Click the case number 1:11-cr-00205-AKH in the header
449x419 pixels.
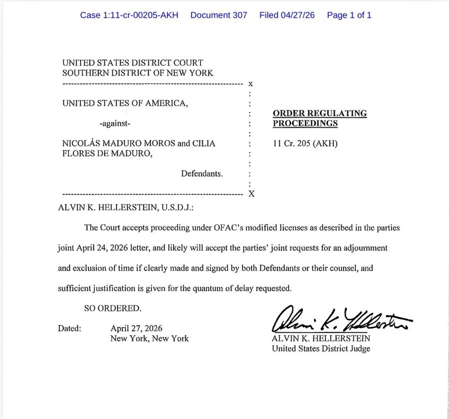point(130,15)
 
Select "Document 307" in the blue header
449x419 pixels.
point(219,15)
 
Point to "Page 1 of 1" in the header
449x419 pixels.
point(349,15)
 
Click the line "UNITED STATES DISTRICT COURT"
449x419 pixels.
point(133,63)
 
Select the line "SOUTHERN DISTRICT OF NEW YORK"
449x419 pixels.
point(138,73)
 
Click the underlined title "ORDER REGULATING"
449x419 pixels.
point(320,113)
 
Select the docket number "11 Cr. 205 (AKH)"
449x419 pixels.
point(305,144)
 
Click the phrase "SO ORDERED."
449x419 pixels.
point(113,309)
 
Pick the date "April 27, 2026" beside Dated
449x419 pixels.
point(136,328)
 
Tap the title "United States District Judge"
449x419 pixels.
point(321,348)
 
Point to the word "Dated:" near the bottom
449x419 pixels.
point(70,328)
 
